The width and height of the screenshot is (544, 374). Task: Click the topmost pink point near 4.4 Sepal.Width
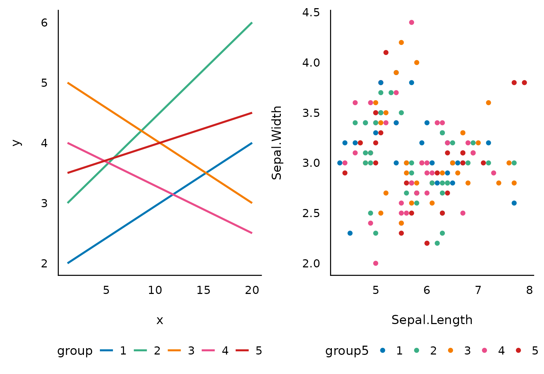[x=411, y=22]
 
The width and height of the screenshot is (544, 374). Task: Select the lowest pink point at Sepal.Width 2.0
[x=375, y=263]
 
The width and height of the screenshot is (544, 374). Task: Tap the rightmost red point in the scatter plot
[x=524, y=83]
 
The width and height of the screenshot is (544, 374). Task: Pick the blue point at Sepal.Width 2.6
[x=514, y=203]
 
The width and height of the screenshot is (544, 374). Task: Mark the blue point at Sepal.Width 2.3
[x=350, y=233]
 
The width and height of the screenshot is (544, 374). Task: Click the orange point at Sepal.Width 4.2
[x=401, y=42]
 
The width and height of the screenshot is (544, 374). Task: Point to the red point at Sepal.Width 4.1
[x=386, y=52]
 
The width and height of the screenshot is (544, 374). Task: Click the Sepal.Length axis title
[x=432, y=320]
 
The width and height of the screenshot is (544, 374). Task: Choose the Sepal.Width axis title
[x=277, y=143]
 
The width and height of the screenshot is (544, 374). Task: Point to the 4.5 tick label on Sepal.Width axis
[x=311, y=13]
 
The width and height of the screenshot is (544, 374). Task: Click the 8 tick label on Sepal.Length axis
[x=529, y=290]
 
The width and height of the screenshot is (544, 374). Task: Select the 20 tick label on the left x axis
[x=252, y=290]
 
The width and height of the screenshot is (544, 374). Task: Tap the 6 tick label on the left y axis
[x=44, y=23]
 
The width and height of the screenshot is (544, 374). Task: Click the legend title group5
[x=347, y=351]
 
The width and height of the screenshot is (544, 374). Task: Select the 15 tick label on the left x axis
[x=203, y=290]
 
